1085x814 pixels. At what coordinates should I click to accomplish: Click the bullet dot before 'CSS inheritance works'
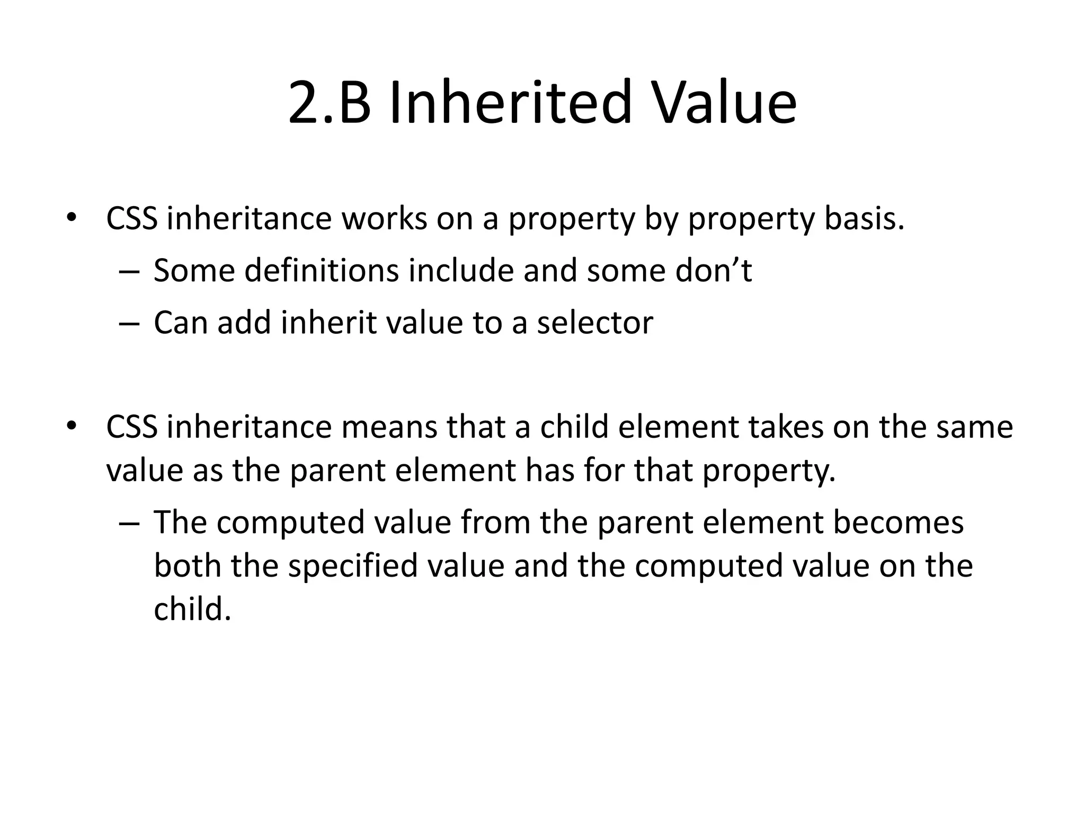[x=71, y=218]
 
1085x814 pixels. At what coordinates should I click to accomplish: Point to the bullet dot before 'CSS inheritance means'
[x=71, y=426]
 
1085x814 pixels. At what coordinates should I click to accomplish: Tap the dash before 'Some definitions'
[x=129, y=271]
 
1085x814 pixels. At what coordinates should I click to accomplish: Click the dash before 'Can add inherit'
[x=129, y=323]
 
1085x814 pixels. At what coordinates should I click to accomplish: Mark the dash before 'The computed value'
[x=129, y=523]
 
